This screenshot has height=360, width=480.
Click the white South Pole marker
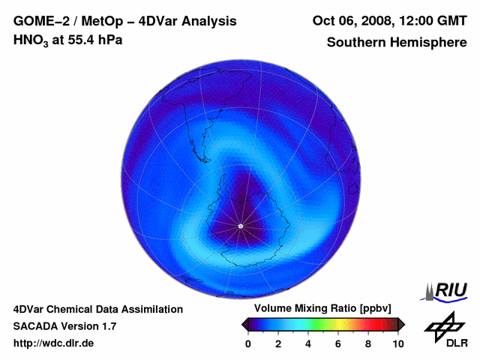tap(240, 226)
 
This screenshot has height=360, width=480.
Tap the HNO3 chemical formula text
tap(31, 40)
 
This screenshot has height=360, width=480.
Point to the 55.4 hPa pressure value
tap(91, 40)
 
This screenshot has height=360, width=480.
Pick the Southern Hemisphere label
tap(396, 42)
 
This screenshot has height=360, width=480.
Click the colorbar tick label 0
tap(248, 343)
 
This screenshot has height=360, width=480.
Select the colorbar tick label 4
tap(308, 343)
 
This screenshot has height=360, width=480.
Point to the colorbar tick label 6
tap(338, 343)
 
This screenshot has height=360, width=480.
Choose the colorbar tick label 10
tap(397, 343)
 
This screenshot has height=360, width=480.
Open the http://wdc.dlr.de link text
tap(54, 343)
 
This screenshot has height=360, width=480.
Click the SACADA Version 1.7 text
tap(64, 326)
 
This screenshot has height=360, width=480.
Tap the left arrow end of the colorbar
tap(244, 324)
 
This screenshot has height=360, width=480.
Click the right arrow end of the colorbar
tap(401, 324)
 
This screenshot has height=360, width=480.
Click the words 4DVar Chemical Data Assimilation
tap(98, 309)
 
